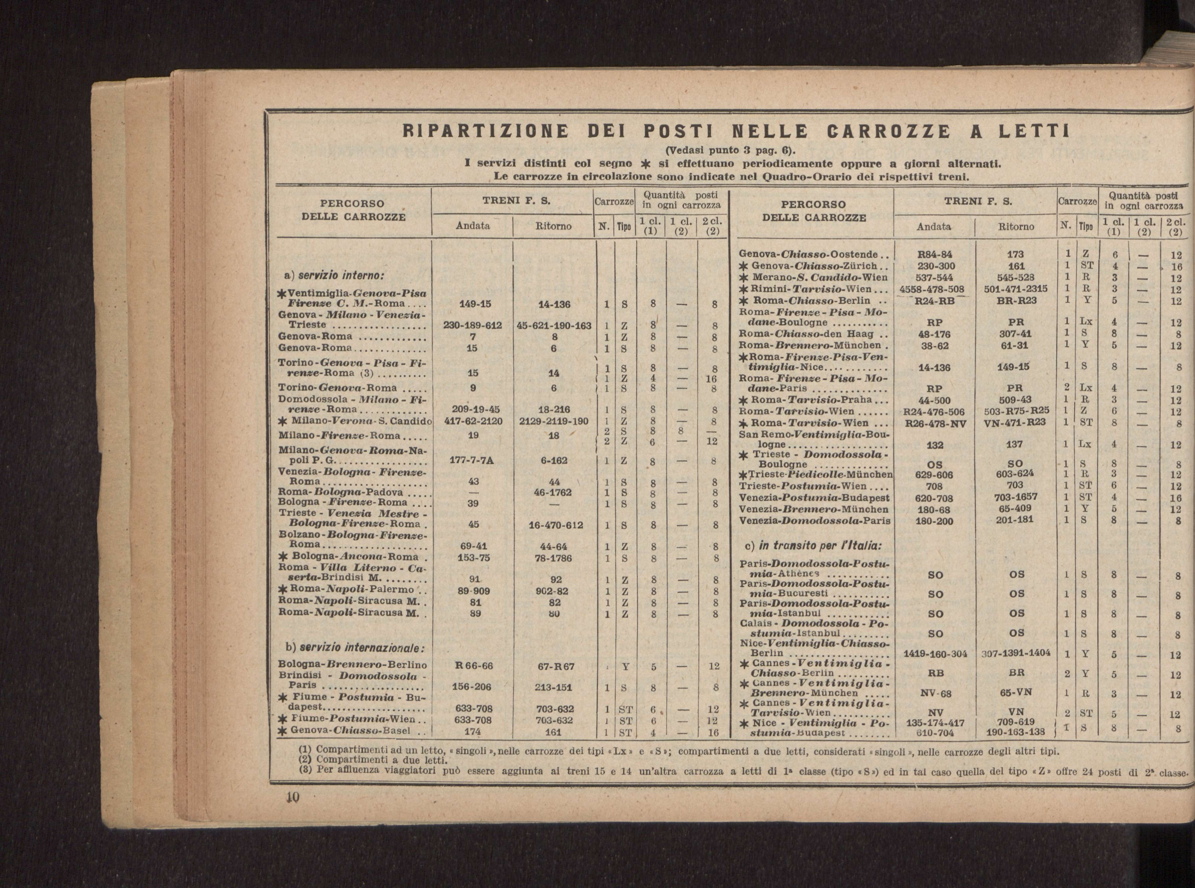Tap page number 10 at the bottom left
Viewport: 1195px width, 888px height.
click(292, 798)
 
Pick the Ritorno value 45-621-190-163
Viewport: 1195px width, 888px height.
click(554, 325)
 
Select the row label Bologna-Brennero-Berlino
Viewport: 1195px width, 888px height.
click(352, 666)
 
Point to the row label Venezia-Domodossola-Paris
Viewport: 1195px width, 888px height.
click(814, 520)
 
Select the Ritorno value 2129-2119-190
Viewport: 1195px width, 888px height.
click(554, 421)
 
